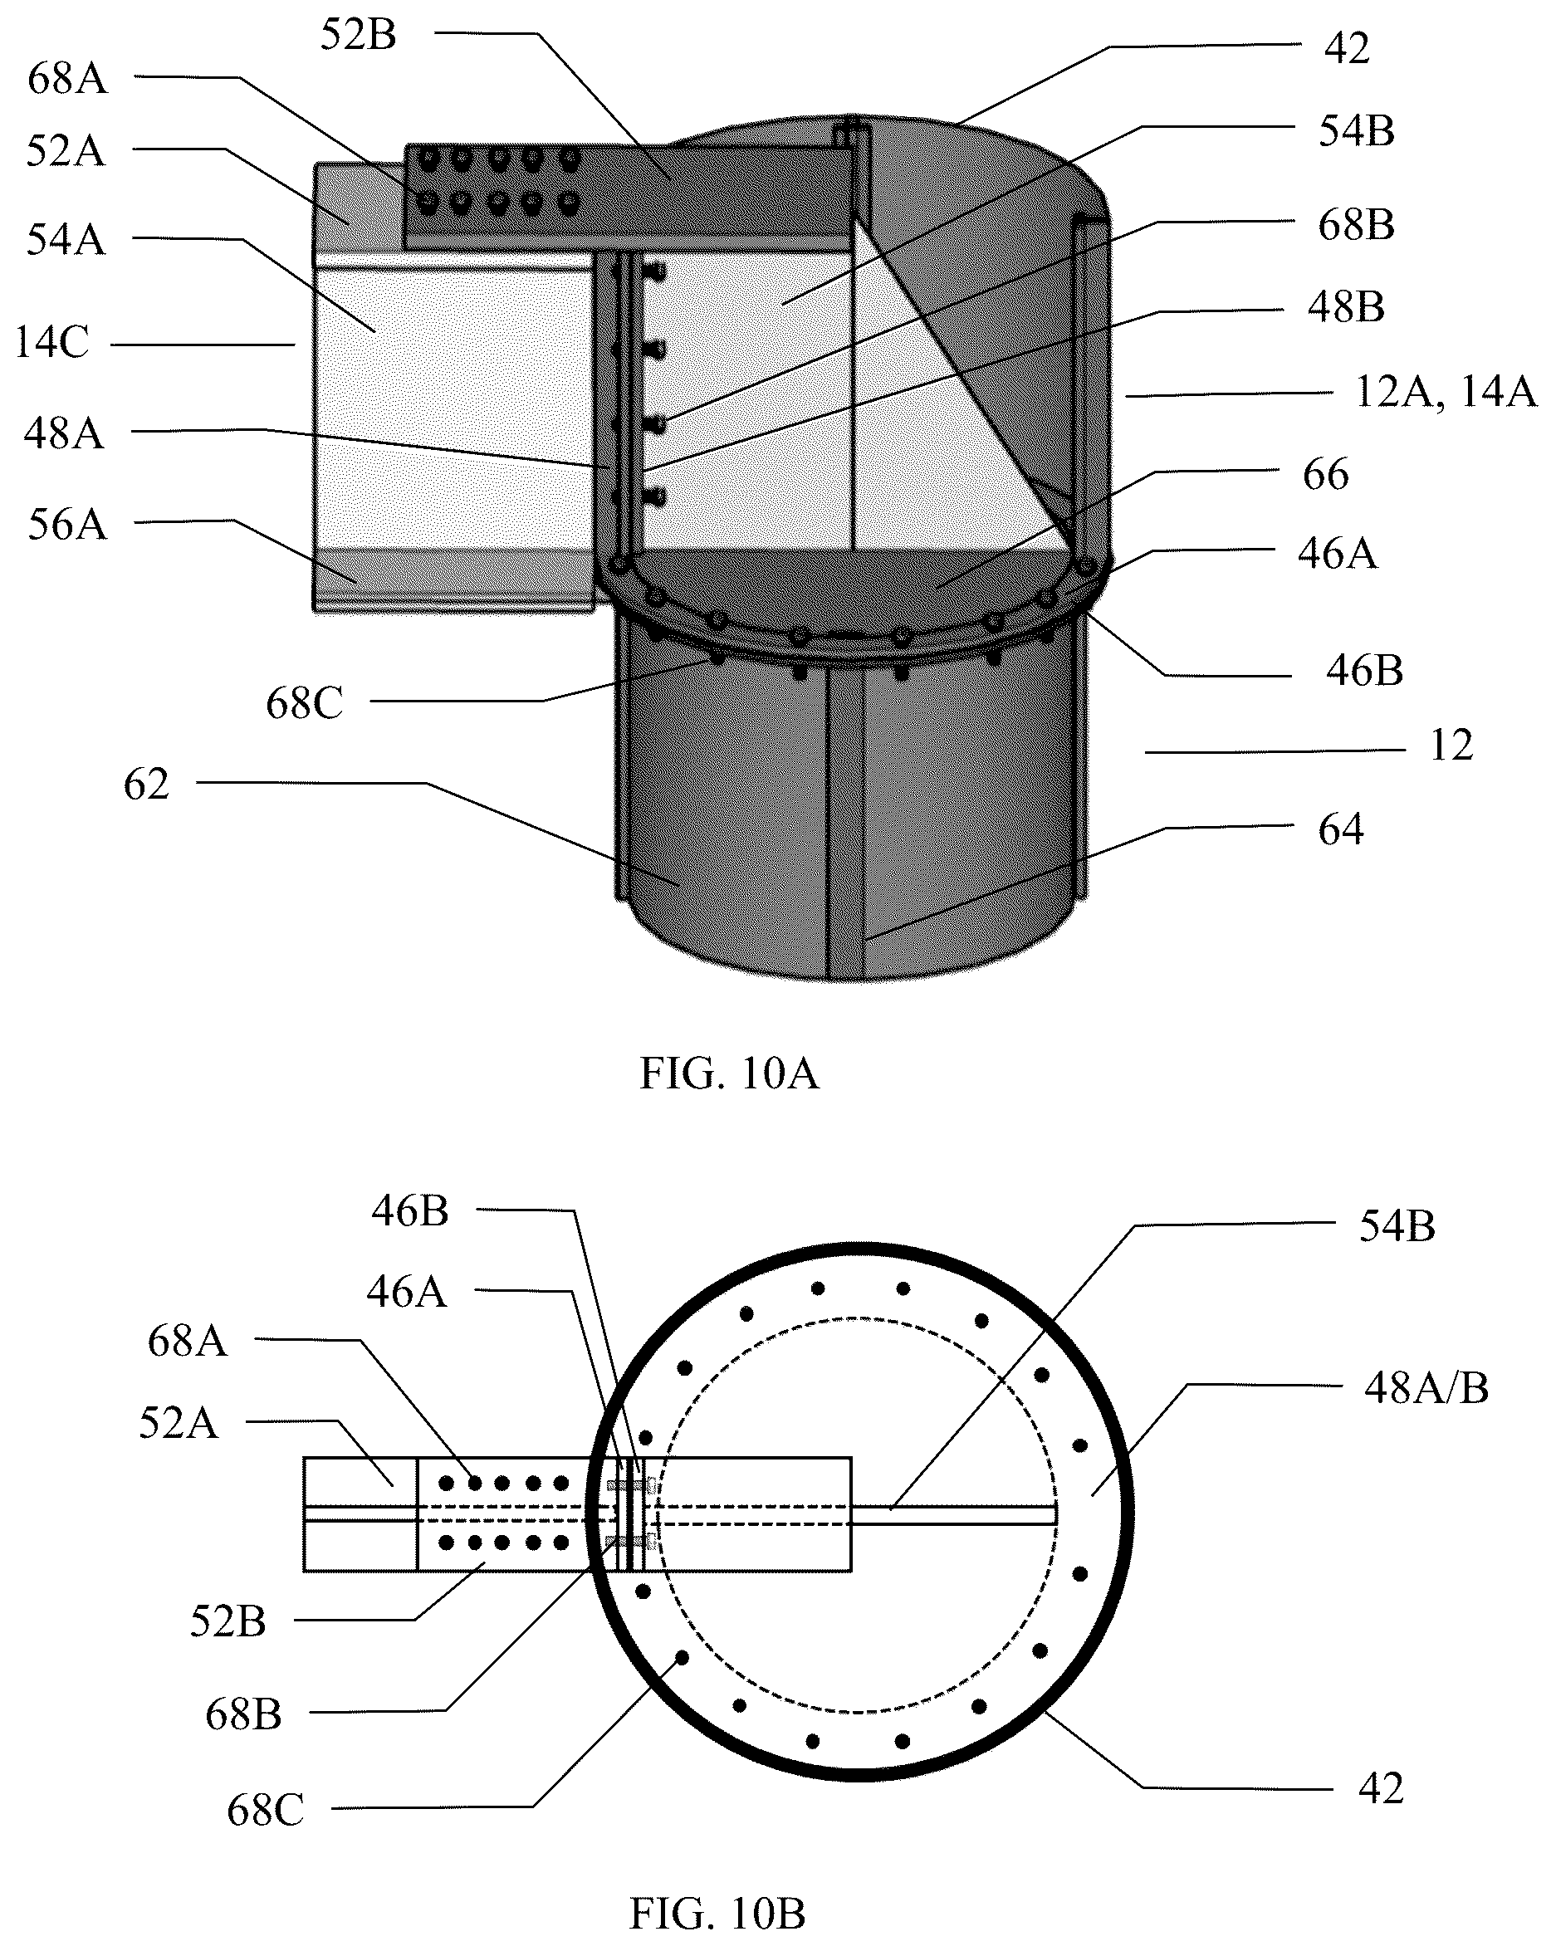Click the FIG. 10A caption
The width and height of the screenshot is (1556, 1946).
729,1074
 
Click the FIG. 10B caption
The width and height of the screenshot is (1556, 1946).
717,1912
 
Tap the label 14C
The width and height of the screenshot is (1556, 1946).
52,343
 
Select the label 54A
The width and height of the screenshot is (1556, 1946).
66,239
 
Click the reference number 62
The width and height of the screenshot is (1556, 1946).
146,785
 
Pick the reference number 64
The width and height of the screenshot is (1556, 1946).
1340,829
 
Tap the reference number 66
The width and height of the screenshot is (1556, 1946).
1326,474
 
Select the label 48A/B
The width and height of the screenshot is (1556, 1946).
1426,1388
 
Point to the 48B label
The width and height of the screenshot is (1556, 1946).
1346,307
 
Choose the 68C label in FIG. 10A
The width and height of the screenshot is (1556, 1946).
304,703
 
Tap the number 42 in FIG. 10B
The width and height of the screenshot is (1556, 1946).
1381,1788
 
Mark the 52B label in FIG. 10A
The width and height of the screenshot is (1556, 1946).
359,35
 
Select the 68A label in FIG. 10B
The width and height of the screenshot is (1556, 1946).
187,1342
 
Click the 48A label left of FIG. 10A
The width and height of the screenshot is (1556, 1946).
64,433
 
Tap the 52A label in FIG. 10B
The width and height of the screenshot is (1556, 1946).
179,1424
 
